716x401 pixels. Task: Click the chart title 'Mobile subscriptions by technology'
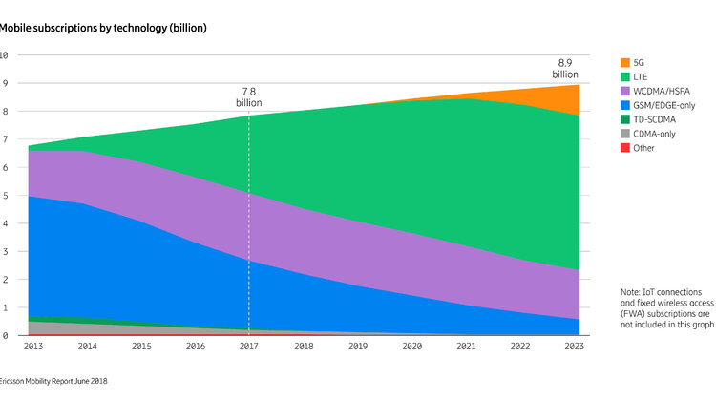click(102, 28)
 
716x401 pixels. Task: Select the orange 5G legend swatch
click(625, 61)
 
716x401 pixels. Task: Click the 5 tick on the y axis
click(5, 196)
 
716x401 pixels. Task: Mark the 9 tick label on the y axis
click(5, 83)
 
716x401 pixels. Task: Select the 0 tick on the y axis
click(5, 336)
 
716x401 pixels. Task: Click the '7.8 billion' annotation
click(249, 96)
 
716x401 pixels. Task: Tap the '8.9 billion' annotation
click(565, 68)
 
